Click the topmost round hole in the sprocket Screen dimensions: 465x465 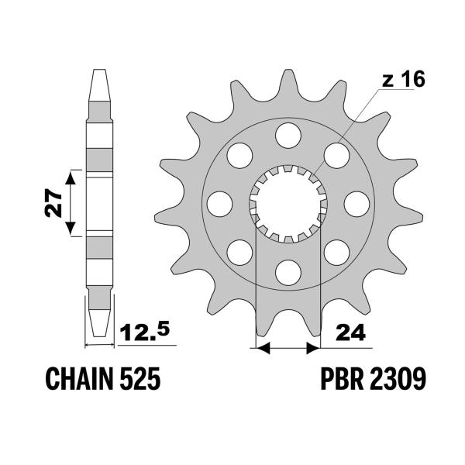pyautogui.click(x=288, y=134)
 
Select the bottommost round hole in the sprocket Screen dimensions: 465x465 pyautogui.click(x=288, y=271)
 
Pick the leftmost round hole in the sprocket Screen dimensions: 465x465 pyautogui.click(x=219, y=204)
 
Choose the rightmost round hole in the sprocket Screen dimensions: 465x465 pyautogui.click(x=356, y=204)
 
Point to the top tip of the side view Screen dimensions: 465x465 pyautogui.click(x=99, y=74)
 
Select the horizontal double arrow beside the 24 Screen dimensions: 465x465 pyautogui.click(x=288, y=348)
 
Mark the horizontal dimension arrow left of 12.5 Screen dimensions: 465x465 pyautogui.click(x=99, y=341)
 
